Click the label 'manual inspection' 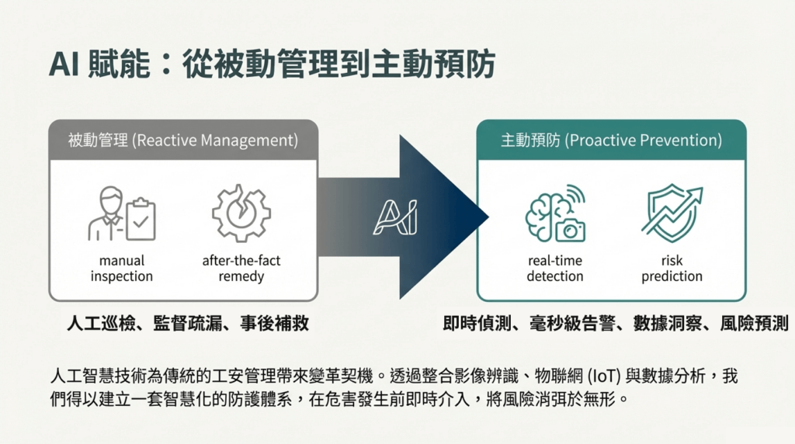(122, 269)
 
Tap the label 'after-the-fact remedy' (241, 269)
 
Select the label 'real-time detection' (555, 269)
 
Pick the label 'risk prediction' (672, 269)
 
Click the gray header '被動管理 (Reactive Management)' (183, 140)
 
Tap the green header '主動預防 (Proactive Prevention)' (611, 140)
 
